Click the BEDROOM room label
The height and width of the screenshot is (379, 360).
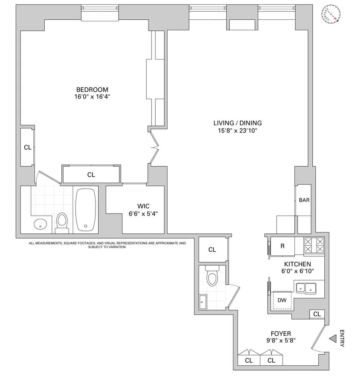(x=92, y=89)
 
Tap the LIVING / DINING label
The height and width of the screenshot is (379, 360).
(x=237, y=123)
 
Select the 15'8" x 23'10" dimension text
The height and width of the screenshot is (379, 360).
(x=237, y=131)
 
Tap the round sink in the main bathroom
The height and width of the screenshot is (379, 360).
(x=40, y=224)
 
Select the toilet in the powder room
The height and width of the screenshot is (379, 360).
(x=212, y=277)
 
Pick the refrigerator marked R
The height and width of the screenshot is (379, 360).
(x=282, y=246)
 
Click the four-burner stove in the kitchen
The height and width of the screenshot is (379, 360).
(x=315, y=245)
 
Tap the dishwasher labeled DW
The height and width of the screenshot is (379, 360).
(x=282, y=301)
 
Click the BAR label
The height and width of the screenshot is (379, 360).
(x=304, y=200)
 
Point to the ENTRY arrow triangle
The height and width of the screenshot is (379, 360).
(x=333, y=339)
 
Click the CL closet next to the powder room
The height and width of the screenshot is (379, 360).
(x=212, y=249)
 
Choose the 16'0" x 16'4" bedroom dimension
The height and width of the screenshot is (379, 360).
(x=92, y=97)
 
